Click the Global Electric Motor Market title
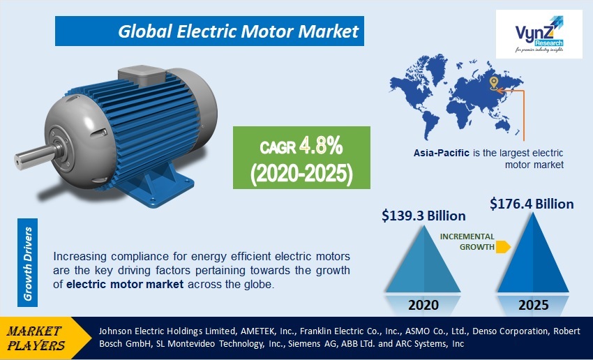click(238, 31)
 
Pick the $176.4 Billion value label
click(532, 204)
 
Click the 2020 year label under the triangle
click(424, 304)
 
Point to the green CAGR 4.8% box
click(292, 157)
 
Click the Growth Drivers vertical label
click(29, 262)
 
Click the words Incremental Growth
click(467, 241)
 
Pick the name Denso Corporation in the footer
click(493, 331)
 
